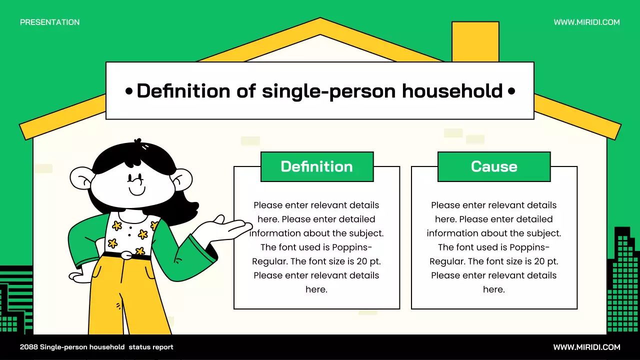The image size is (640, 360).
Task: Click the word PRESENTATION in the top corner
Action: [49, 22]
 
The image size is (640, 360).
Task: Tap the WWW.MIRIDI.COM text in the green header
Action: [586, 22]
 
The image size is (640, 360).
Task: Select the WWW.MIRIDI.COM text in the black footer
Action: [586, 347]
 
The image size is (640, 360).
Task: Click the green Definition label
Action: [317, 166]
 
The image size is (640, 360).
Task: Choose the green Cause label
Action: [494, 166]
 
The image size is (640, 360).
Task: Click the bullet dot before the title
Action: [129, 91]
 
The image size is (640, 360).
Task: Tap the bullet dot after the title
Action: [511, 91]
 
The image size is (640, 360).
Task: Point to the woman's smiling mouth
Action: [136, 191]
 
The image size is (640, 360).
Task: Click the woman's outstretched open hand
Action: [227, 227]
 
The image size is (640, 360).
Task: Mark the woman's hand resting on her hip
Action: [80, 275]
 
